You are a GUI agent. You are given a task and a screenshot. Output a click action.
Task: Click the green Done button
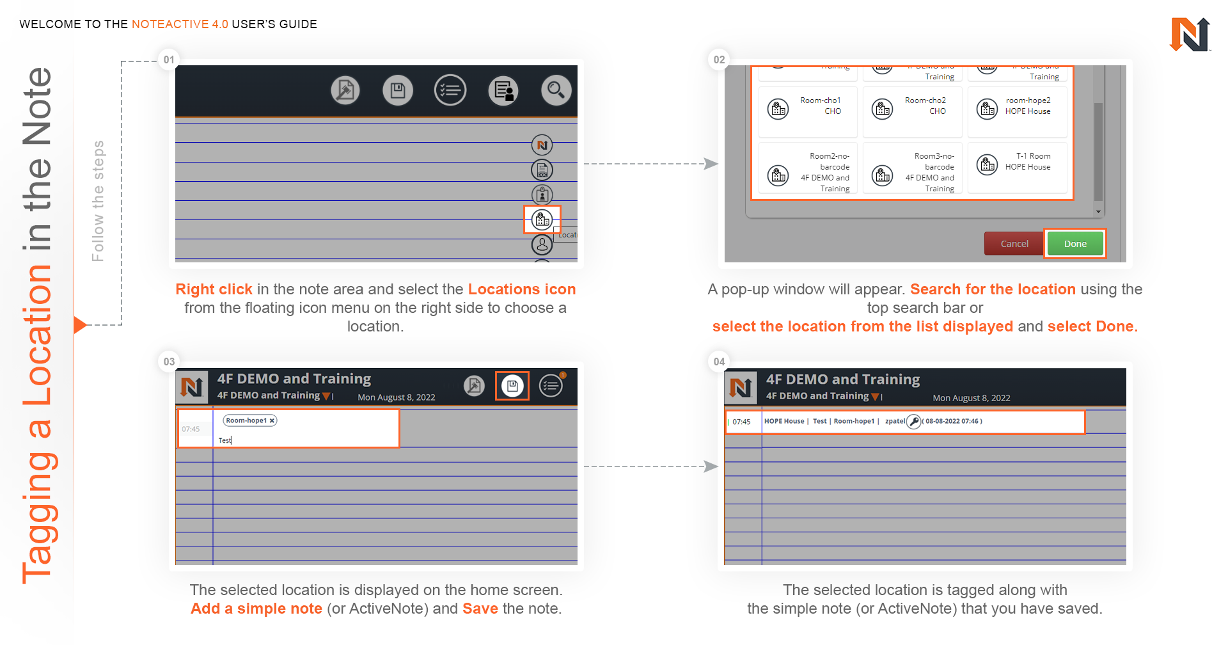coord(1075,244)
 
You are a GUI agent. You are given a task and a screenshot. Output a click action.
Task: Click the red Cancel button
coord(1014,244)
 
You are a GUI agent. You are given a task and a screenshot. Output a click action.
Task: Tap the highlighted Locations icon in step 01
coord(542,220)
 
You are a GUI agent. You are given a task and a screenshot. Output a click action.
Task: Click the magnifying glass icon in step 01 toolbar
coord(556,90)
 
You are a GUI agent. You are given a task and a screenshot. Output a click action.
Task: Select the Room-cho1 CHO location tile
coord(808,110)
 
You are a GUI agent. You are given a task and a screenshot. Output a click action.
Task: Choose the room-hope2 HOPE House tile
coord(1017,110)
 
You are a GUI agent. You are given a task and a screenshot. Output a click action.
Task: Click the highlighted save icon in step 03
coord(512,386)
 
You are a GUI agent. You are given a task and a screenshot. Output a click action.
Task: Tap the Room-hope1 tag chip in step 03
coord(249,420)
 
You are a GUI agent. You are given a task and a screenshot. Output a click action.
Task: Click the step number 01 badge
coord(169,60)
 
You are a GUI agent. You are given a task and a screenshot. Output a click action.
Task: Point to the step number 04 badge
coord(719,362)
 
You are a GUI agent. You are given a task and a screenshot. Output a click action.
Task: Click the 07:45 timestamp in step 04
coord(741,422)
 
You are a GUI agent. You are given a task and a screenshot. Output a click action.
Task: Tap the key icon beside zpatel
coord(914,421)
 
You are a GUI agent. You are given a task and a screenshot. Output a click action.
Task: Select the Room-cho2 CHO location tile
coord(913,110)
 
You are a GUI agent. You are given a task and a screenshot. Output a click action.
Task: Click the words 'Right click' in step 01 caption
coord(214,289)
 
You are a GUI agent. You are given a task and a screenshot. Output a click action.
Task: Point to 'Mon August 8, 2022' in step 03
coord(396,397)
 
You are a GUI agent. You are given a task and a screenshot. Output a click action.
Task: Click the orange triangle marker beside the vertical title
coord(80,325)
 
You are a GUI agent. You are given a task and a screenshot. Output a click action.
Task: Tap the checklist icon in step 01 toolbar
coord(450,90)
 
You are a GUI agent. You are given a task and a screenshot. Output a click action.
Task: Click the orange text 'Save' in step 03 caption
coord(480,609)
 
